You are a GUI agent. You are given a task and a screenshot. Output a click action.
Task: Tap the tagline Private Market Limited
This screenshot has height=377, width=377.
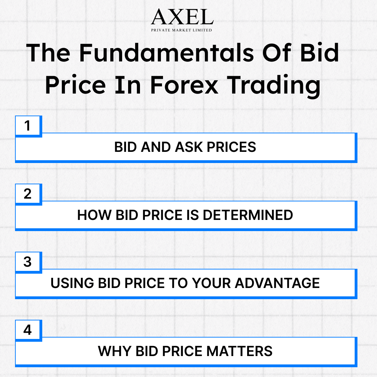pos(182,30)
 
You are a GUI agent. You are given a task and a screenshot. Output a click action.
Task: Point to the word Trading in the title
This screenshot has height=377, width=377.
pos(274,86)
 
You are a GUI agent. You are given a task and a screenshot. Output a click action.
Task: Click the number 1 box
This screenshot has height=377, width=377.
pos(28,126)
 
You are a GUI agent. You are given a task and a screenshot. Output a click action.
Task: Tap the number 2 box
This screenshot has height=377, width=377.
pos(28,194)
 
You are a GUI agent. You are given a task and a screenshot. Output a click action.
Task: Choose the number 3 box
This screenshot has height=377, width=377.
pos(28,262)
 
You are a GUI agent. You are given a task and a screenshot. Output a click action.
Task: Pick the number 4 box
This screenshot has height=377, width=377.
pos(28,330)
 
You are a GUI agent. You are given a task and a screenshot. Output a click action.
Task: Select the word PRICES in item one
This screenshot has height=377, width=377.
pos(232,147)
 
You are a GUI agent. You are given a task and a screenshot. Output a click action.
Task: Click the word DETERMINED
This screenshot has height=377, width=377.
pos(248,215)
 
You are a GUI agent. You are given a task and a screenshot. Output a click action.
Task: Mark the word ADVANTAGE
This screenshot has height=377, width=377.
pos(277,283)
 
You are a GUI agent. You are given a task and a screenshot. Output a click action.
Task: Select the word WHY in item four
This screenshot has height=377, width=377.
pos(115,351)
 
